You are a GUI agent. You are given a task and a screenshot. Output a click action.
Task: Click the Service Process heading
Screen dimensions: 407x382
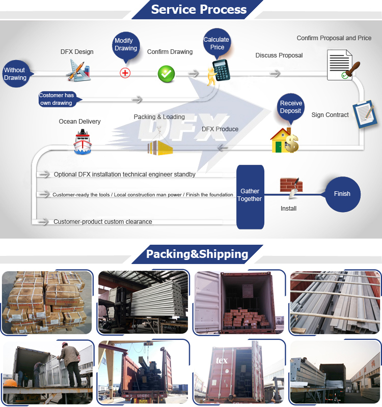point(199,9)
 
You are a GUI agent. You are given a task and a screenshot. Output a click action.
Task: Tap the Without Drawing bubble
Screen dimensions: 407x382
point(15,74)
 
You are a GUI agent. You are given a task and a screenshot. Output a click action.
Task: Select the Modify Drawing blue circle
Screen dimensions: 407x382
point(125,44)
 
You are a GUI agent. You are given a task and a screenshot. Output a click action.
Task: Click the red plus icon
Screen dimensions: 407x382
point(125,73)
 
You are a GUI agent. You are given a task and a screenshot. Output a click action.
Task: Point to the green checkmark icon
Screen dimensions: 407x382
point(166,74)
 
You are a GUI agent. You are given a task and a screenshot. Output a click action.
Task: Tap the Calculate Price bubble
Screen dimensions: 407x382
point(216,43)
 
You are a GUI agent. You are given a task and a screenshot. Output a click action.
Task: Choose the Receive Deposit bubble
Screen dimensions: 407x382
point(291,107)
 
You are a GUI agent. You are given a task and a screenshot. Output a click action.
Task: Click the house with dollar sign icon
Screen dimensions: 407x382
point(284,140)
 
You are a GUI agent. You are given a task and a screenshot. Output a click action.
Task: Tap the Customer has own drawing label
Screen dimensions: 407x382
point(57,99)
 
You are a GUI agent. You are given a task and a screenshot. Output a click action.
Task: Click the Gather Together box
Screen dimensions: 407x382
point(250,195)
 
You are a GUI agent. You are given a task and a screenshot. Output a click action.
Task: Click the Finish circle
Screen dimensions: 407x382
point(342,194)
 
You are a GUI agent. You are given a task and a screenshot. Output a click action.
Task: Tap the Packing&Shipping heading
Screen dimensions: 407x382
point(197,254)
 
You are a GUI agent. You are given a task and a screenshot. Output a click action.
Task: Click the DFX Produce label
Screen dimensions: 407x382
point(220,129)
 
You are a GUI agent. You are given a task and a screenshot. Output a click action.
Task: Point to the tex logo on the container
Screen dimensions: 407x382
point(222,360)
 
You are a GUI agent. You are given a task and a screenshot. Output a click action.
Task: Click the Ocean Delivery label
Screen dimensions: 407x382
point(79,122)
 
